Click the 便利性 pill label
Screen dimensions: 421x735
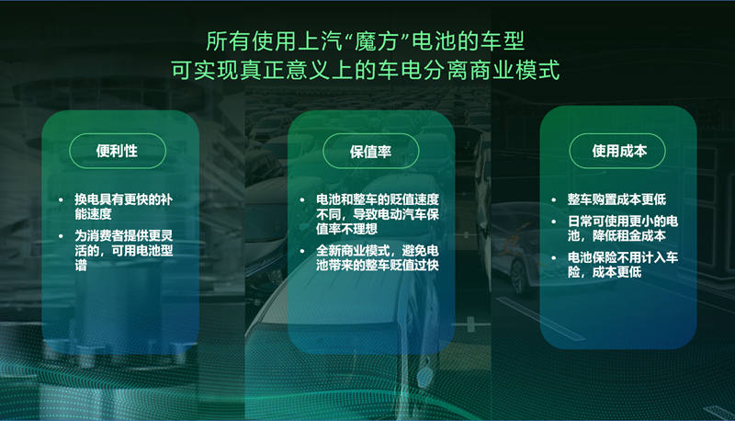coord(117,150)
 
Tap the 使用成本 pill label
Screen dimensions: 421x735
coord(618,150)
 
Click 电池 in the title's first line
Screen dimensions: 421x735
coord(435,40)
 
